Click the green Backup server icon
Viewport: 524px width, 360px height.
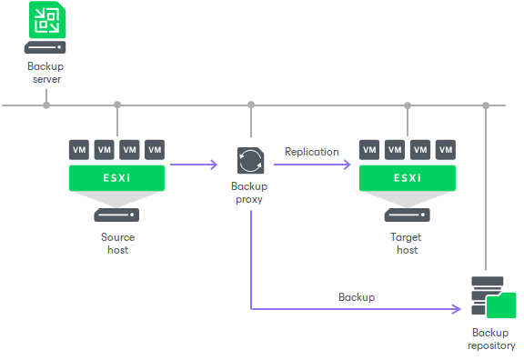45,18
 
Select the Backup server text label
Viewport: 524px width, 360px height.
45,73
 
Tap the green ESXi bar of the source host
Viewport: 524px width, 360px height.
116,177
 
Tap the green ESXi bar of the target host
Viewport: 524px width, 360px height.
407,177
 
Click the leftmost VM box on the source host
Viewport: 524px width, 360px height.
79,149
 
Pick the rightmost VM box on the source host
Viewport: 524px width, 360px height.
155,149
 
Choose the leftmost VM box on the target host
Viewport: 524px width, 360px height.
369,149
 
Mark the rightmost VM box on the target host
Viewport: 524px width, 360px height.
445,149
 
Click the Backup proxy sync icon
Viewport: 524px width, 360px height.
250,161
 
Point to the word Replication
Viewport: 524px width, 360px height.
311,152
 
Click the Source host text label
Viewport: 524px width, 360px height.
116,243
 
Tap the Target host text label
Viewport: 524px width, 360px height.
407,243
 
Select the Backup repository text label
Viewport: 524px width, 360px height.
491,339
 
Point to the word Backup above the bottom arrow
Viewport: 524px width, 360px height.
357,297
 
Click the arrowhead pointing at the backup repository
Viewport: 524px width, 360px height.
456,310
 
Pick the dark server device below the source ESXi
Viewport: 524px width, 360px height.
116,216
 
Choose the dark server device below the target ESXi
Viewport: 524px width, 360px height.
407,216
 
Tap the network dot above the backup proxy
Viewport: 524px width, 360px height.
250,105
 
